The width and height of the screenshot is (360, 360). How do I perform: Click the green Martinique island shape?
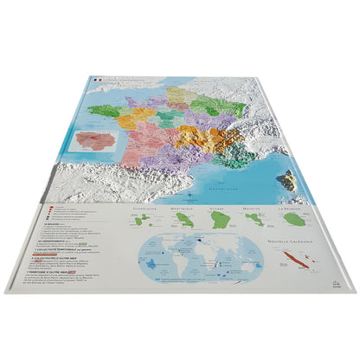tap(186, 222)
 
